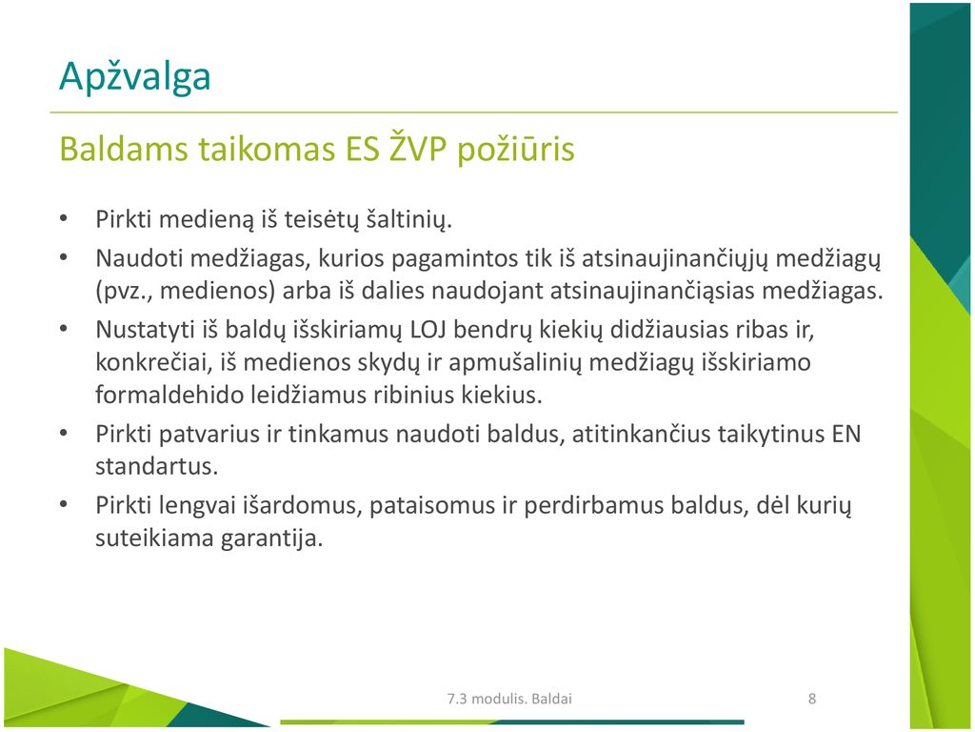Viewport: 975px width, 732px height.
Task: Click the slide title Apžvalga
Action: [x=135, y=77]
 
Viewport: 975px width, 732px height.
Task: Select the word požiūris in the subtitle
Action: [x=515, y=150]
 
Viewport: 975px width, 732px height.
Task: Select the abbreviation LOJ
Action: [x=428, y=329]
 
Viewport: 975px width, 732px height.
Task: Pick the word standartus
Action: [x=157, y=466]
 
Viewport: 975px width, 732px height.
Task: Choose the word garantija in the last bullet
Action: [x=271, y=539]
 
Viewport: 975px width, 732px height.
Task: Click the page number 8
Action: [x=811, y=699]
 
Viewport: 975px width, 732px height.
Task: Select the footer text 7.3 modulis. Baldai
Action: [x=509, y=699]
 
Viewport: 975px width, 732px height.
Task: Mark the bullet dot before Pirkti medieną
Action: [x=64, y=218]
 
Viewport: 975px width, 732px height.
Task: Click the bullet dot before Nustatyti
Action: [x=64, y=329]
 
